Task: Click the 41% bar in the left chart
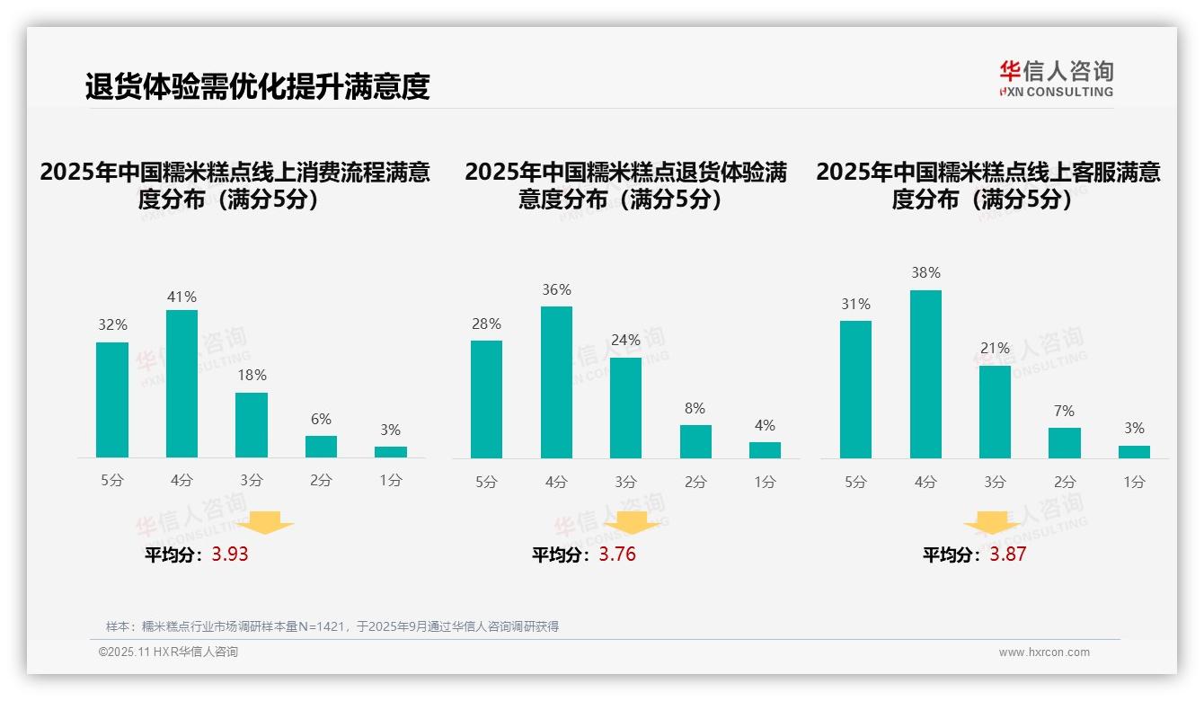coord(181,384)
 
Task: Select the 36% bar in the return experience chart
coord(556,382)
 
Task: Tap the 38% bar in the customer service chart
coord(925,374)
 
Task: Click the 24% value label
coord(625,340)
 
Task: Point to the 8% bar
coord(695,441)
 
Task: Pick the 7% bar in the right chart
coord(1064,443)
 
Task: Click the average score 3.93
coord(230,555)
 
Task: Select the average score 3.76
coord(617,555)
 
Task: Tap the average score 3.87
coord(1007,555)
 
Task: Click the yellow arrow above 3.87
coord(992,522)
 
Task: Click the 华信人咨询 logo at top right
coord(1056,78)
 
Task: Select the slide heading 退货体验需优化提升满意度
coord(258,86)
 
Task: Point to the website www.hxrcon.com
coord(1043,652)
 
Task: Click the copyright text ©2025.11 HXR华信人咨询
coord(168,652)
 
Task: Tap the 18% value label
coord(252,375)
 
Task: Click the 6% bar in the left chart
coord(321,447)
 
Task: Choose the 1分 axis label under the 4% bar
coord(765,482)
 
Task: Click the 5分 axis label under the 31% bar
coord(855,482)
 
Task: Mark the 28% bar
coord(486,399)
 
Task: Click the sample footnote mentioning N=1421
coord(332,626)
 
